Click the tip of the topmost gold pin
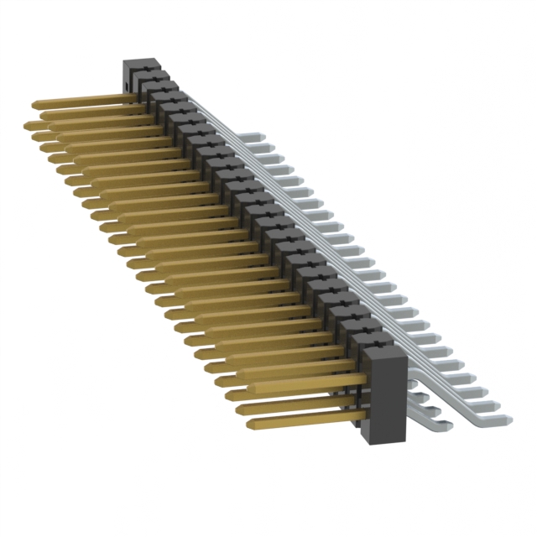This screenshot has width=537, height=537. (x=34, y=106)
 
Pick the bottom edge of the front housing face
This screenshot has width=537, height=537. (x=385, y=441)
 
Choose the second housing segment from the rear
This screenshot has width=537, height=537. (x=164, y=83)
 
